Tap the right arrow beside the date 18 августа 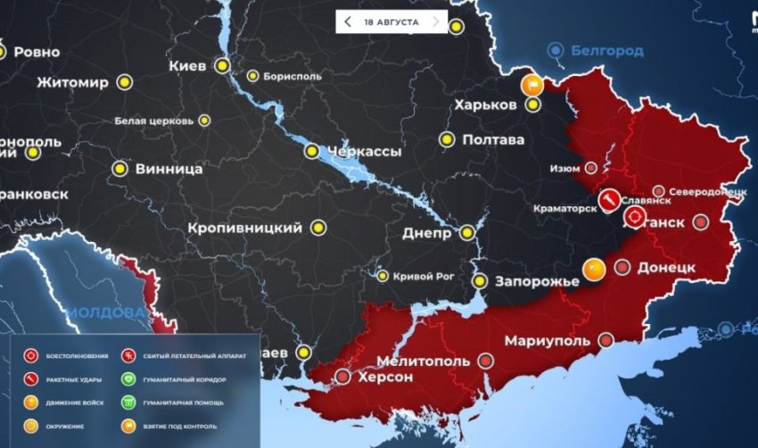435,21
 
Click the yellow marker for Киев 222,66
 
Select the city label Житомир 73,83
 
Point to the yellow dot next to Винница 119,168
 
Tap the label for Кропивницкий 245,228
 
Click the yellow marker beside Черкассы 311,152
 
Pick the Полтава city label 492,140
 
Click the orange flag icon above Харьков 531,86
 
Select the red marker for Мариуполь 607,340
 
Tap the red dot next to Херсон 343,377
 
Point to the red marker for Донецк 622,267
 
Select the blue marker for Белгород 556,50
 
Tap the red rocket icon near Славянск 610,197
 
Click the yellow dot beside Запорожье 480,281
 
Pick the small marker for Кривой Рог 383,276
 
